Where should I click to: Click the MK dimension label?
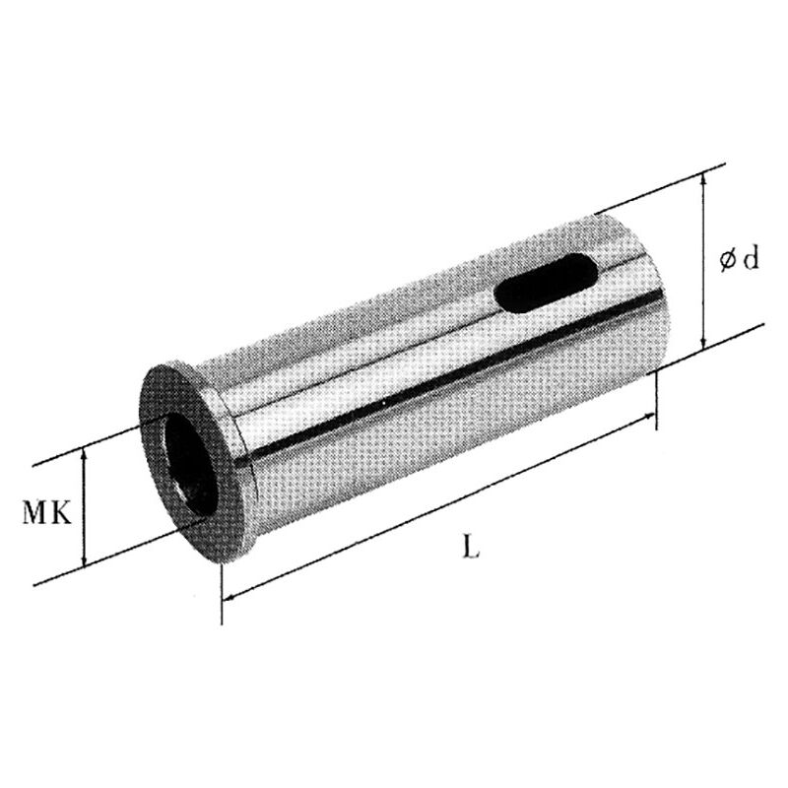pos(46,513)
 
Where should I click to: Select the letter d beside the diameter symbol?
pos(750,259)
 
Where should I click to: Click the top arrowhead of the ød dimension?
pos(703,177)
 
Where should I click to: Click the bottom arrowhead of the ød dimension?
pos(703,341)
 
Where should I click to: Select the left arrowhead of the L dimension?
pos(230,595)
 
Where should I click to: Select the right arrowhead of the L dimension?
pos(649,421)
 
